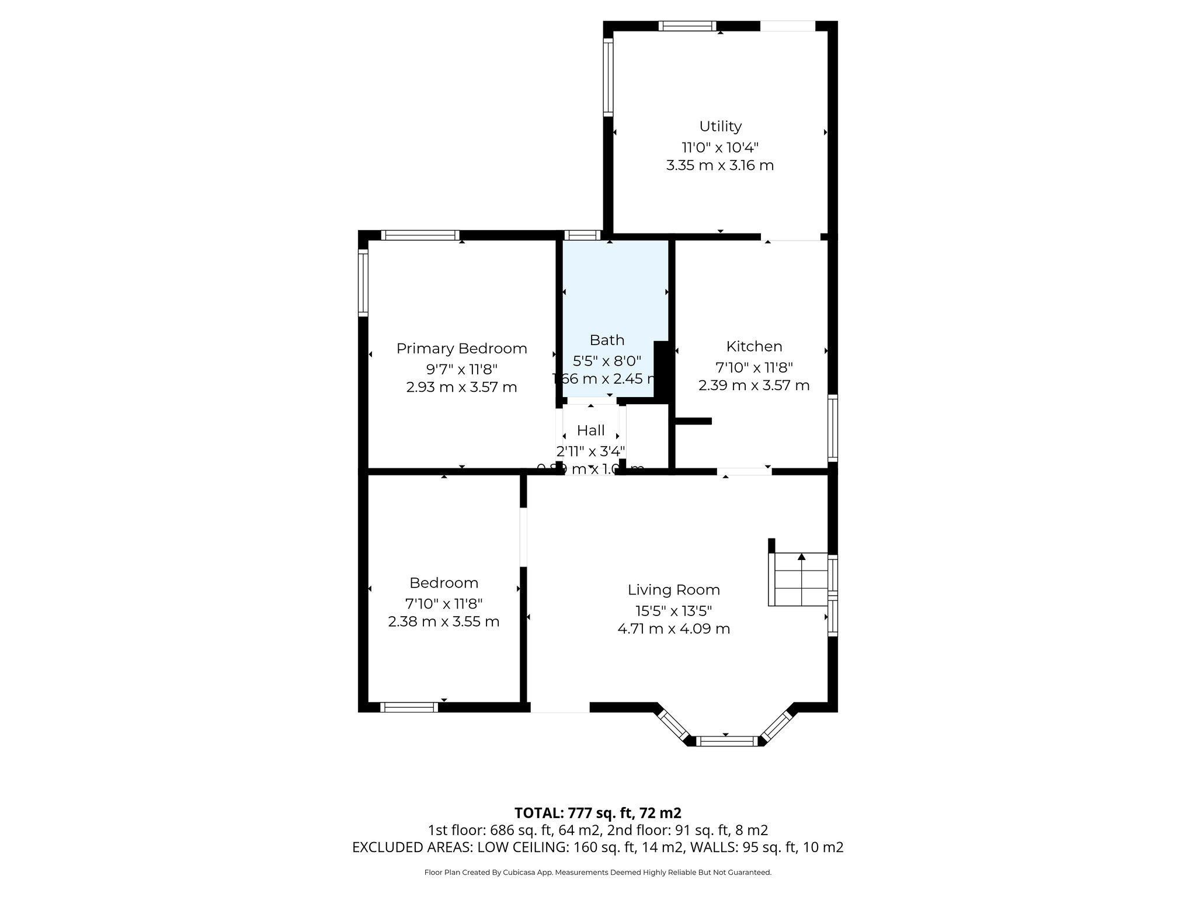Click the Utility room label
tap(720, 126)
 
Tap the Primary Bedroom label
tap(461, 349)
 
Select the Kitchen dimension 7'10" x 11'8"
tap(754, 367)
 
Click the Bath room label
tap(607, 340)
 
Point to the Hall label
tap(590, 430)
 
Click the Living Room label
tap(673, 590)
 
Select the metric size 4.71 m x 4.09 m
tap(673, 629)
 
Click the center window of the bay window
tap(726, 741)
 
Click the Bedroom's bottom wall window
tap(409, 707)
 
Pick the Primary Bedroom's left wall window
tap(363, 283)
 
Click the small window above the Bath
tap(582, 235)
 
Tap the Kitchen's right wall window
tap(833, 428)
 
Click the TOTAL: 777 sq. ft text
tap(597, 813)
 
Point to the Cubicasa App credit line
tap(597, 872)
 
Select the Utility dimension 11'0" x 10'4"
tap(720, 147)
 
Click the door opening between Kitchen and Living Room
tap(744, 471)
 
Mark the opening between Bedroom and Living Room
tap(523, 537)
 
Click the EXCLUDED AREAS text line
tap(597, 847)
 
